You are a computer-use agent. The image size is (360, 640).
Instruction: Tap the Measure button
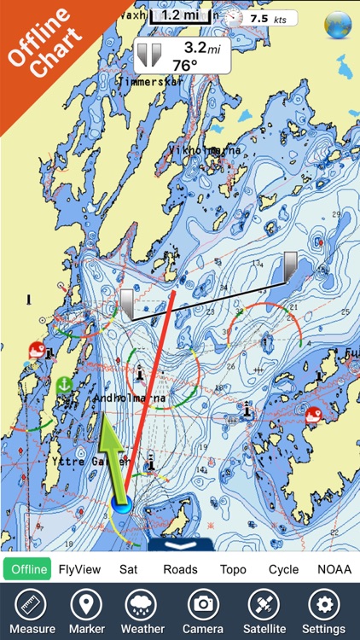pos(32,611)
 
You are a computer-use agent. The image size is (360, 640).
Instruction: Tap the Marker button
pos(86,611)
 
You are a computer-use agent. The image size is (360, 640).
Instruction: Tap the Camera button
pos(203,611)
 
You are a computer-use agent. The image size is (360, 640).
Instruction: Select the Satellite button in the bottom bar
pos(264,611)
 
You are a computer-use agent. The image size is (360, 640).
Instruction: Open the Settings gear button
pos(322,611)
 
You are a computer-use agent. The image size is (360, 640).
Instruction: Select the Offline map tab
pos(27,569)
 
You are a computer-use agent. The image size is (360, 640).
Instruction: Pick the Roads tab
pos(180,569)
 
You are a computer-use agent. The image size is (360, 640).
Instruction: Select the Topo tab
pos(233,569)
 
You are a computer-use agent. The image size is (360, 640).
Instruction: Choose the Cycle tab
pos(283,569)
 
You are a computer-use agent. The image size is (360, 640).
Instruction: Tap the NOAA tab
pos(334,569)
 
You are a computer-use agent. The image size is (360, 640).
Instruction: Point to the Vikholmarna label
pos(204,150)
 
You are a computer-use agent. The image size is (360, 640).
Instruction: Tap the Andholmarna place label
pos(131,398)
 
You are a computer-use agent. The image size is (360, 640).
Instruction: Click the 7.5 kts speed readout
pos(263,18)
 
